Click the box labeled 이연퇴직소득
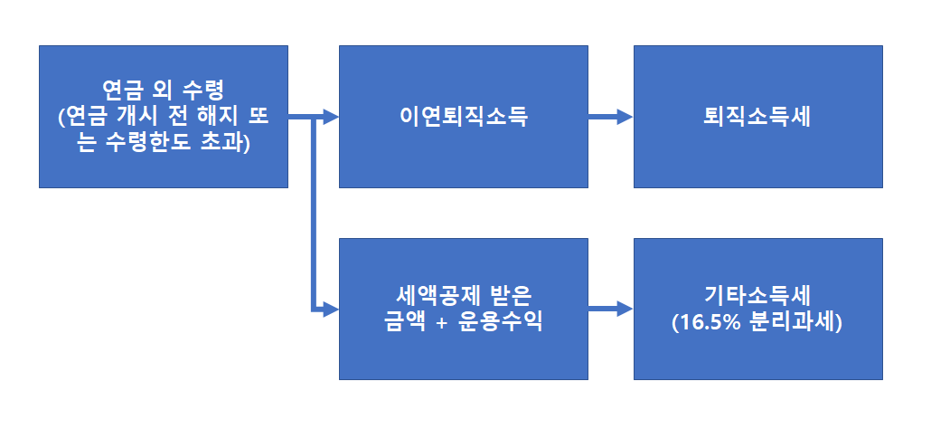click(x=463, y=117)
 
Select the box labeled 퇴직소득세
click(x=757, y=117)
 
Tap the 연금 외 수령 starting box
click(x=164, y=117)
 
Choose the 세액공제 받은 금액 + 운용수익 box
click(x=463, y=309)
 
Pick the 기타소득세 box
click(x=757, y=309)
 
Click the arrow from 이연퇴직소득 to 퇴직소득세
click(x=610, y=117)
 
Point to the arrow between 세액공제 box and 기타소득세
click(x=610, y=309)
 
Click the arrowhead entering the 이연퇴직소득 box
click(x=330, y=117)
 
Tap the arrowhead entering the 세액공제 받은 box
click(x=330, y=309)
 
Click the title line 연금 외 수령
click(x=164, y=91)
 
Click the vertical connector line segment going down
click(x=315, y=217)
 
